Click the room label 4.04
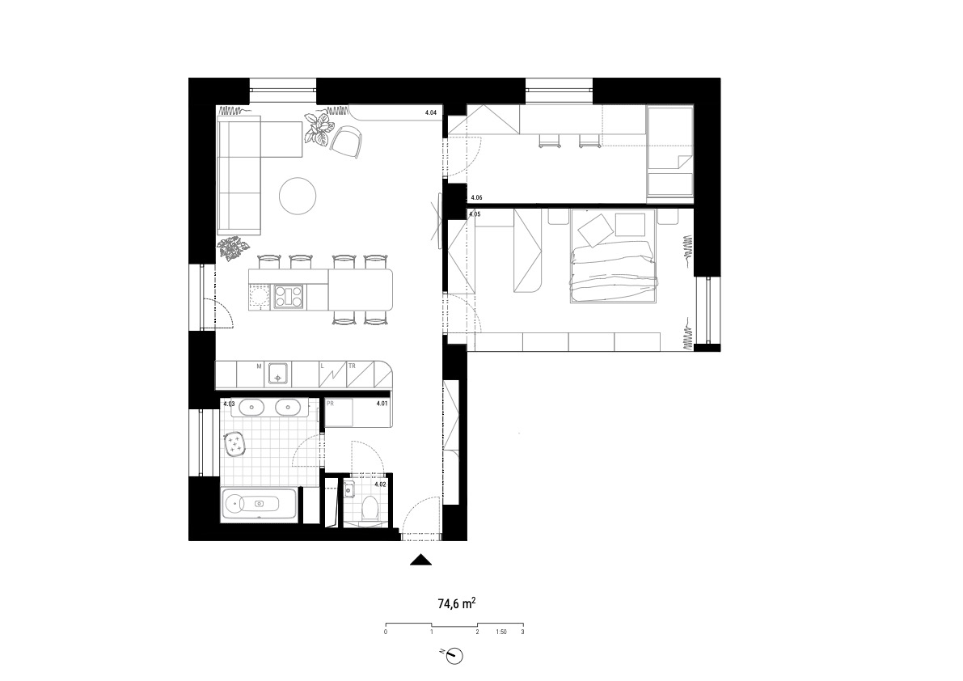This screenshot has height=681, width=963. point(430,113)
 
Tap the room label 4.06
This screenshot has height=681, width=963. point(476,197)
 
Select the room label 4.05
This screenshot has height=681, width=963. point(474,214)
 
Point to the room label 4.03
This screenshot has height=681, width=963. point(229,404)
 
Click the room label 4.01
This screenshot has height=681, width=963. point(382,404)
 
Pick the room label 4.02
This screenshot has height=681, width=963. point(380,484)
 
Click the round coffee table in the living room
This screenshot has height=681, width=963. point(298,196)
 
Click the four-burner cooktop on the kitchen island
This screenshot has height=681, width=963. point(289,297)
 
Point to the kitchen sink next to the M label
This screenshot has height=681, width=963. point(277,374)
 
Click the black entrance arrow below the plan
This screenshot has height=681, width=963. point(421,560)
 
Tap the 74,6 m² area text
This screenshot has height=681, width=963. point(456,603)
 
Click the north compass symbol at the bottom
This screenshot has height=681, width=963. point(454,656)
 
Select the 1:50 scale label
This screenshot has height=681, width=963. point(501,632)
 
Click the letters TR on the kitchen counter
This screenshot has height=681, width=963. point(352,366)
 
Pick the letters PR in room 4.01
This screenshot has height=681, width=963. point(330,404)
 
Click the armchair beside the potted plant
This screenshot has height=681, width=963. point(346,141)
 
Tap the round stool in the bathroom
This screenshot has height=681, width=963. point(234,444)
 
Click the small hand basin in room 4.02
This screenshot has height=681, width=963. point(348,489)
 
